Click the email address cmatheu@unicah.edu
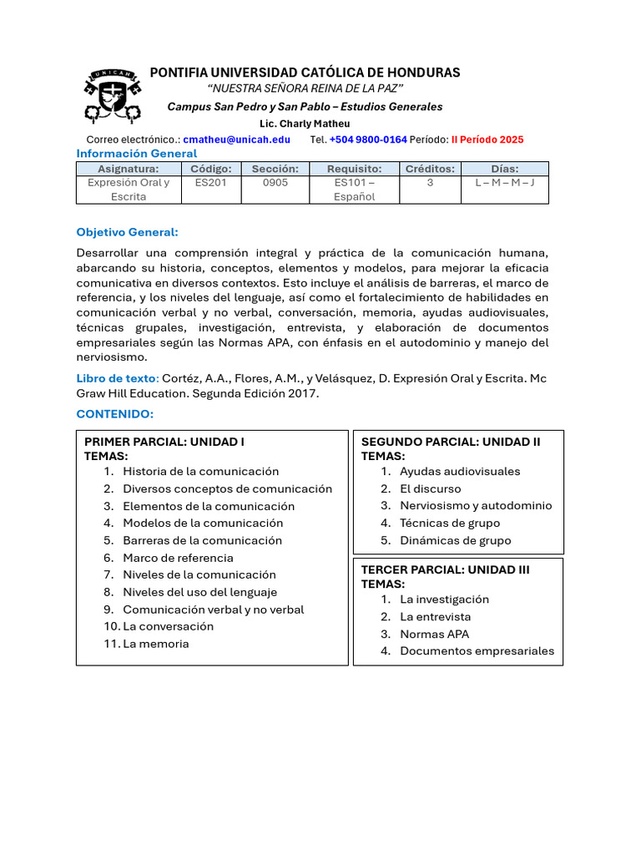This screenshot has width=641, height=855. pyautogui.click(x=237, y=139)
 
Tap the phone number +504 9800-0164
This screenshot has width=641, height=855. pyautogui.click(x=368, y=139)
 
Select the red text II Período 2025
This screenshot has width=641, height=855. pyautogui.click(x=487, y=139)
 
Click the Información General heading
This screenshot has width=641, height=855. pyautogui.click(x=137, y=154)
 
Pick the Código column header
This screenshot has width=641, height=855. pyautogui.click(x=210, y=169)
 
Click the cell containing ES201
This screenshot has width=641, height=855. pyautogui.click(x=210, y=183)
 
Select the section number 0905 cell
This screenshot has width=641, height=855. pyautogui.click(x=275, y=183)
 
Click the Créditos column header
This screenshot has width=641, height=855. pyautogui.click(x=430, y=169)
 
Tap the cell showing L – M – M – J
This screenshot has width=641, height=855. pyautogui.click(x=505, y=183)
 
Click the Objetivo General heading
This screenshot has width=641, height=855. pyautogui.click(x=128, y=231)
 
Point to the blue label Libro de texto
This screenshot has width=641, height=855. pyautogui.click(x=117, y=378)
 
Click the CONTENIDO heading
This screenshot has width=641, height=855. pyautogui.click(x=115, y=414)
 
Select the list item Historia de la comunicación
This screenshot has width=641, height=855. pyautogui.click(x=200, y=471)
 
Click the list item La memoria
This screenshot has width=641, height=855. pyautogui.click(x=155, y=644)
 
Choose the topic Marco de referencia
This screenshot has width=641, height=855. pyautogui.click(x=178, y=558)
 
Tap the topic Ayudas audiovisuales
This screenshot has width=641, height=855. pyautogui.click(x=459, y=471)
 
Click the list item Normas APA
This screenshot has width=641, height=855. pyautogui.click(x=434, y=634)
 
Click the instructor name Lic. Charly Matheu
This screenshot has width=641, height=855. pyautogui.click(x=305, y=124)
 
